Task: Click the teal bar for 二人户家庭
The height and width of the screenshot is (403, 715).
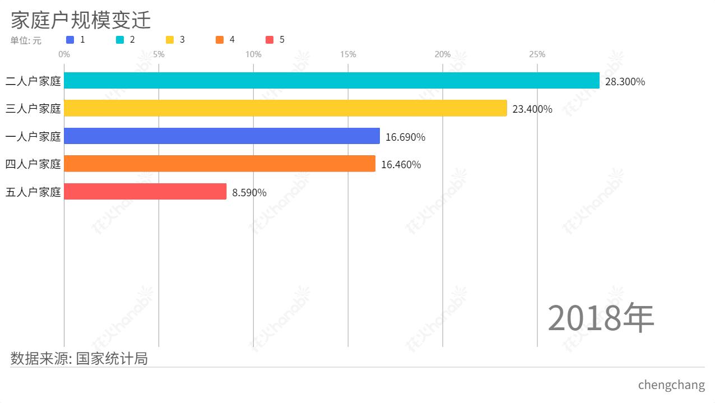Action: tap(332, 81)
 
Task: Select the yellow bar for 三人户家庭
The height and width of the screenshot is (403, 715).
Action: tap(285, 108)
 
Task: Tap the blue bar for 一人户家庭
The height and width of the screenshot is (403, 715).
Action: tap(222, 136)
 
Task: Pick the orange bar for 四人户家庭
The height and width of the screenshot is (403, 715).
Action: tap(220, 164)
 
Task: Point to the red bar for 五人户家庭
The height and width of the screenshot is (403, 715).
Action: tap(145, 192)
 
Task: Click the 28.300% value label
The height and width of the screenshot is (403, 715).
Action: tap(625, 82)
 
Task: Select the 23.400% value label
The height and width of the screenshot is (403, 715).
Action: tap(532, 109)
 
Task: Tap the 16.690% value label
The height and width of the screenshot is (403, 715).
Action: tap(405, 137)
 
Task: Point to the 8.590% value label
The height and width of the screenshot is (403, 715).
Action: tap(249, 193)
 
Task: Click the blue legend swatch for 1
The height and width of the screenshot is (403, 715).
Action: tap(70, 40)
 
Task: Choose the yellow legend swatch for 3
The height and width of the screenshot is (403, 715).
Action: tap(170, 40)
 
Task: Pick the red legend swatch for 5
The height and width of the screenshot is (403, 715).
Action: tap(270, 40)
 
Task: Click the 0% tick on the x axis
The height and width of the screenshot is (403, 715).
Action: tap(64, 54)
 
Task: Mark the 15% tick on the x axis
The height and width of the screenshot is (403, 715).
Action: tap(348, 54)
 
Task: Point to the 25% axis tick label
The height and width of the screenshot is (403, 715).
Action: tap(537, 54)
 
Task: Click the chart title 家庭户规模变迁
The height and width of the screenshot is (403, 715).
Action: tap(81, 20)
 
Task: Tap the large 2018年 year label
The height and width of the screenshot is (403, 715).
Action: tap(600, 318)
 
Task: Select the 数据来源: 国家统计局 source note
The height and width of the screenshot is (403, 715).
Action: tap(79, 358)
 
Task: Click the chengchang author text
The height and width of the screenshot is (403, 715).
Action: tap(671, 385)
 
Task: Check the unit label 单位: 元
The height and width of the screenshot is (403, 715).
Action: tap(26, 40)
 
